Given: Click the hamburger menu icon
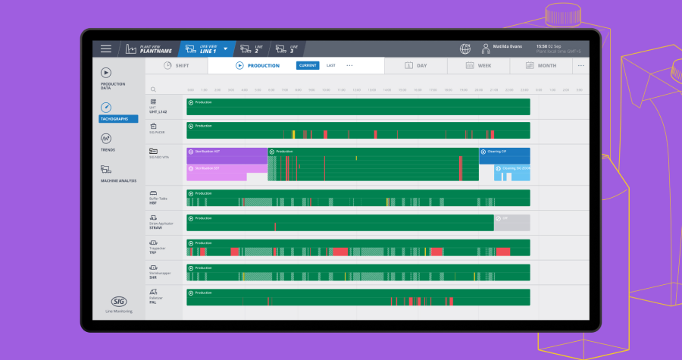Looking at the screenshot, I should (106, 49).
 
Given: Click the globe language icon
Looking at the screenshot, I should (465, 49).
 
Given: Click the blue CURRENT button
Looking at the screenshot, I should (308, 66).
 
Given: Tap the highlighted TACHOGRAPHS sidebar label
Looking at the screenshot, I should (118, 119).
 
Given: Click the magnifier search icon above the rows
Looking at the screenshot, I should (153, 89).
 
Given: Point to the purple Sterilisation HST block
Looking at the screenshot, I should (227, 152).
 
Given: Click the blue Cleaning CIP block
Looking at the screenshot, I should (504, 152).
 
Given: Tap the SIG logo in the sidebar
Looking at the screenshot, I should (118, 301).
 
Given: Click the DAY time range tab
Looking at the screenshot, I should (415, 66).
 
